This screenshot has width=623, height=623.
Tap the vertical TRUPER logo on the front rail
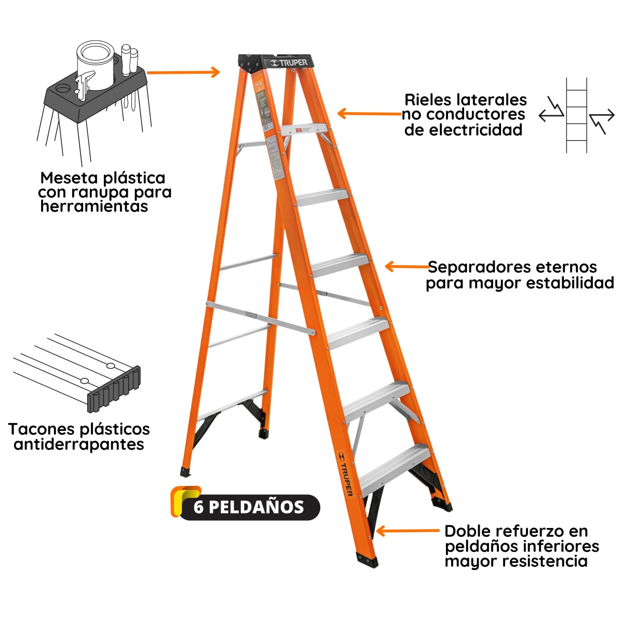click(345, 473)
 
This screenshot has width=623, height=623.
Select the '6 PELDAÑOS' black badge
click(248, 507)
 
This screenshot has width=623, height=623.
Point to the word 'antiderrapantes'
click(79, 444)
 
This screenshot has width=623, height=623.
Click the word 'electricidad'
click(463, 130)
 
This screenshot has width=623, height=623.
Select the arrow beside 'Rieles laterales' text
click(369, 114)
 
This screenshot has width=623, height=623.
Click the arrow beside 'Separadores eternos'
click(407, 267)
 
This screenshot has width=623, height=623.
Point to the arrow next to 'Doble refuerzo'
click(407, 531)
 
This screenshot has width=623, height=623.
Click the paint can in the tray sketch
click(95, 65)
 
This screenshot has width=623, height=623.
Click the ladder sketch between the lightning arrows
click(576, 116)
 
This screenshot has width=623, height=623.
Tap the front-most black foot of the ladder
click(367, 560)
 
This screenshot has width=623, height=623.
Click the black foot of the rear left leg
click(185, 472)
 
